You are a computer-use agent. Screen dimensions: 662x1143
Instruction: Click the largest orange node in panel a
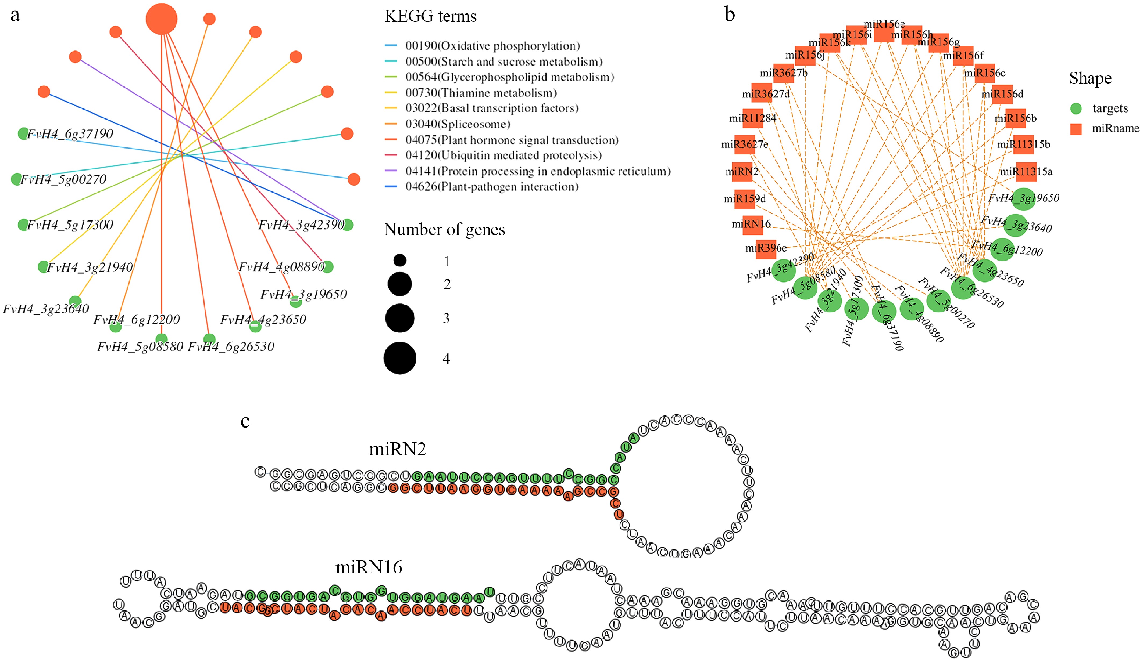pyautogui.click(x=162, y=19)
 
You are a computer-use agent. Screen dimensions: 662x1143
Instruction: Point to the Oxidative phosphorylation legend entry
pyautogui.click(x=492, y=46)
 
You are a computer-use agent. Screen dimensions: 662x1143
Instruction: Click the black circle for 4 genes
pyautogui.click(x=400, y=358)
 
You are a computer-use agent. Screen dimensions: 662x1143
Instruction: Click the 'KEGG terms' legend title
pyautogui.click(x=430, y=17)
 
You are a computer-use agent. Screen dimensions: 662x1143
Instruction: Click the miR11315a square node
pyautogui.click(x=1026, y=172)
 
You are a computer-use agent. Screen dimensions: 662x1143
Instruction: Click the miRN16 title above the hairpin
pyautogui.click(x=368, y=567)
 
